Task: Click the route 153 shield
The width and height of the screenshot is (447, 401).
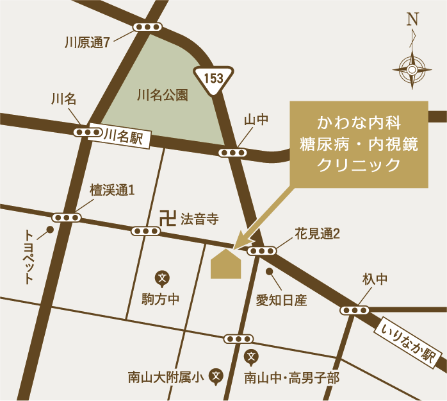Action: pyautogui.click(x=214, y=78)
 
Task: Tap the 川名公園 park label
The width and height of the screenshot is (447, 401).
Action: pyautogui.click(x=163, y=96)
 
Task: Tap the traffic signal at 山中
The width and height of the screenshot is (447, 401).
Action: pyautogui.click(x=232, y=153)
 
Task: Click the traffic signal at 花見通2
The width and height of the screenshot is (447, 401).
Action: pyautogui.click(x=261, y=251)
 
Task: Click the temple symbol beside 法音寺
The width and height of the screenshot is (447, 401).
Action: pyautogui.click(x=168, y=218)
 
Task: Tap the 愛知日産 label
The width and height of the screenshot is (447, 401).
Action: pyautogui.click(x=282, y=299)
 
